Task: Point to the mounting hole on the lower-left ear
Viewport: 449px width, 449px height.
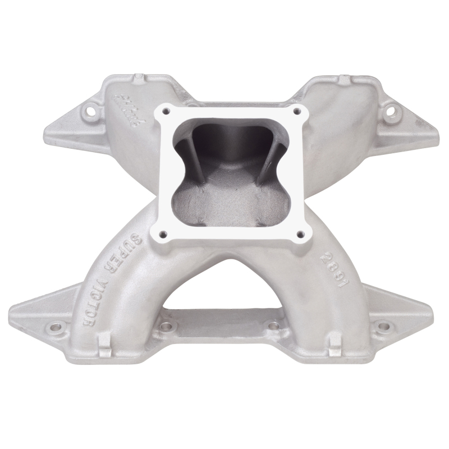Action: point(54,326)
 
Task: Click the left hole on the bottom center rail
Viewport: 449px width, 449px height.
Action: point(166,326)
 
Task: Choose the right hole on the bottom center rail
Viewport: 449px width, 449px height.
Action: point(273,326)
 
